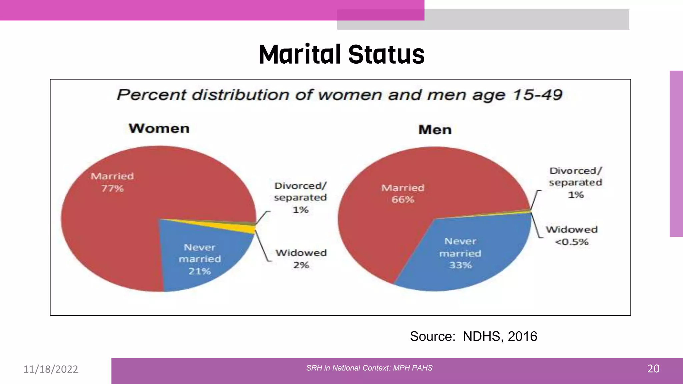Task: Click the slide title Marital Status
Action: (341, 54)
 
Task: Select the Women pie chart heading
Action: (159, 129)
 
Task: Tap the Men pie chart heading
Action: (435, 130)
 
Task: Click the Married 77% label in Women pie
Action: (112, 182)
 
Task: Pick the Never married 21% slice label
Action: (200, 259)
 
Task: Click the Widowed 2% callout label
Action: (301, 259)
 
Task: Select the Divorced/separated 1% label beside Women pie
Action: (300, 197)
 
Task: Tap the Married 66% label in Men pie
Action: (403, 194)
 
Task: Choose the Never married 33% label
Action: (460, 253)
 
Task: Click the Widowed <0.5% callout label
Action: (572, 236)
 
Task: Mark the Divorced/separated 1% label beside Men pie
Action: (576, 182)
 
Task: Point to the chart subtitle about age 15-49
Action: (339, 95)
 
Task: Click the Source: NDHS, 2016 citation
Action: (473, 336)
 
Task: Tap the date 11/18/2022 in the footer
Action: (51, 369)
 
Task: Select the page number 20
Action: (653, 369)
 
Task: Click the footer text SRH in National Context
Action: (369, 368)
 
